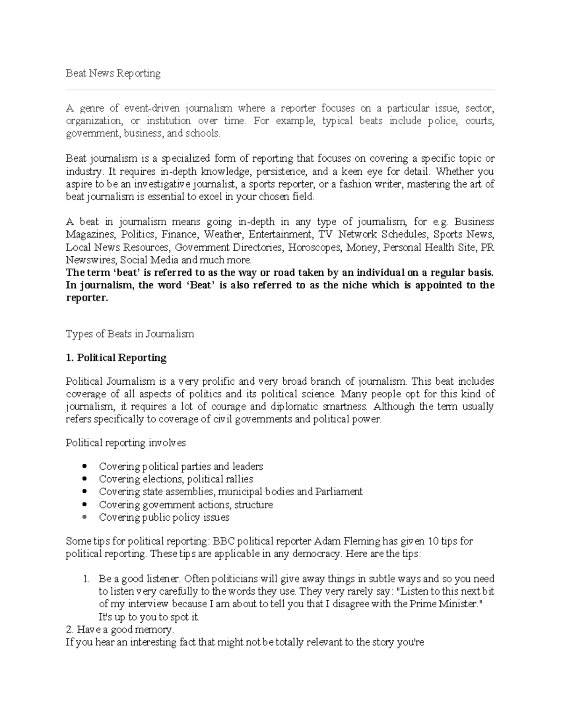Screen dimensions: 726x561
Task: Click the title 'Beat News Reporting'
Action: [x=113, y=73]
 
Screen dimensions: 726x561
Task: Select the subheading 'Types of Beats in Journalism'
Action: [x=129, y=334]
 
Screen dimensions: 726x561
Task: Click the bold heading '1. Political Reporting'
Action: [x=116, y=358]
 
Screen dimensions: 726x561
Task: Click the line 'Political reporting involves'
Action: [x=126, y=443]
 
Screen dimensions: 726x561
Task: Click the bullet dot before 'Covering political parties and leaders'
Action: [x=84, y=467]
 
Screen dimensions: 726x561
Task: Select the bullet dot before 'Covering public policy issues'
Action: [x=84, y=518]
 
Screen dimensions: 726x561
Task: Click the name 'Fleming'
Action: [x=362, y=542]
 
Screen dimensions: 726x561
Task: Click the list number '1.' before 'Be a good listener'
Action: [x=86, y=579]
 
